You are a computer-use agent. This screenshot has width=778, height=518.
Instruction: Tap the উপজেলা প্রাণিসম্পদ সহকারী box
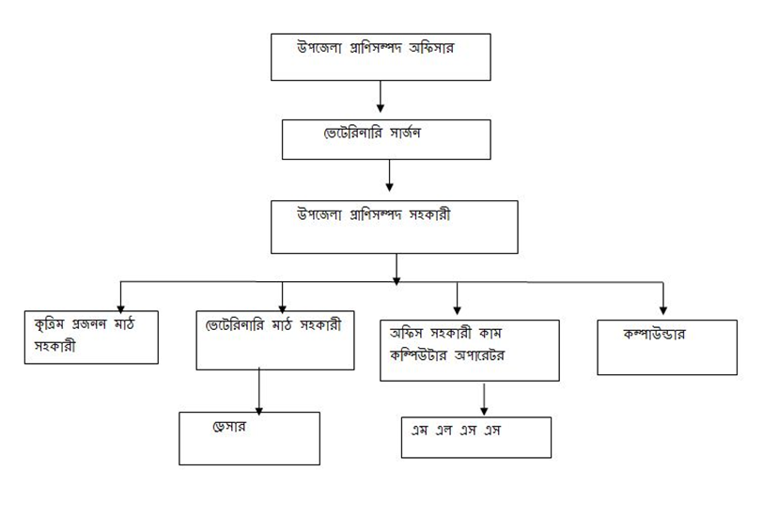395,227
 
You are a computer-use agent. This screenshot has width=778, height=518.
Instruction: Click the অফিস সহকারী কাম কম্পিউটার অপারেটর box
469,350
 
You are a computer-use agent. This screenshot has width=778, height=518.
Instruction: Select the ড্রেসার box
249,438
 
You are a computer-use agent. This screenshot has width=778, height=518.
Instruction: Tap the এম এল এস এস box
474,435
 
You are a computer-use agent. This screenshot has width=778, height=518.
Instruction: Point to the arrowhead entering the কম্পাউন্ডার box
663,309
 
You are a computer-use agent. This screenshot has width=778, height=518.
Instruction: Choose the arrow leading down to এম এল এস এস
483,398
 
